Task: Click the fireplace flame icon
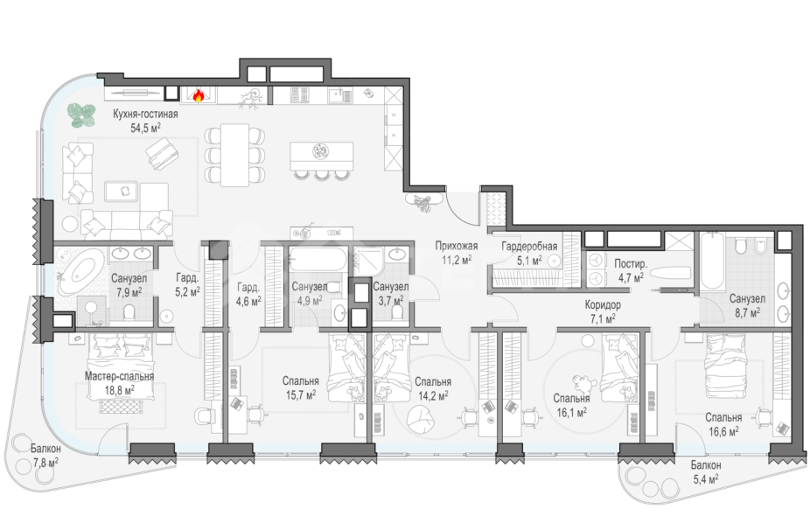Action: click(x=199, y=95)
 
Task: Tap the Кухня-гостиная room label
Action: click(x=145, y=115)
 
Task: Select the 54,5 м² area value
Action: click(x=145, y=128)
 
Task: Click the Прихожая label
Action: click(x=456, y=246)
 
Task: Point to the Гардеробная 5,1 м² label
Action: click(x=529, y=253)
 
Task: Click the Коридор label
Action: click(x=603, y=304)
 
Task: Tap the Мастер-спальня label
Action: click(x=119, y=376)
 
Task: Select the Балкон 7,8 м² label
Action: click(x=45, y=455)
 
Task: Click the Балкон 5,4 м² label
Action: click(x=706, y=472)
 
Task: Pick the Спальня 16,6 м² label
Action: click(x=723, y=424)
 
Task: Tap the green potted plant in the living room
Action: click(x=81, y=115)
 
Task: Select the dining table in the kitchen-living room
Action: click(x=235, y=155)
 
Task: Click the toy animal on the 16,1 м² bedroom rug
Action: click(x=584, y=383)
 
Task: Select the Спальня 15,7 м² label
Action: click(x=301, y=388)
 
